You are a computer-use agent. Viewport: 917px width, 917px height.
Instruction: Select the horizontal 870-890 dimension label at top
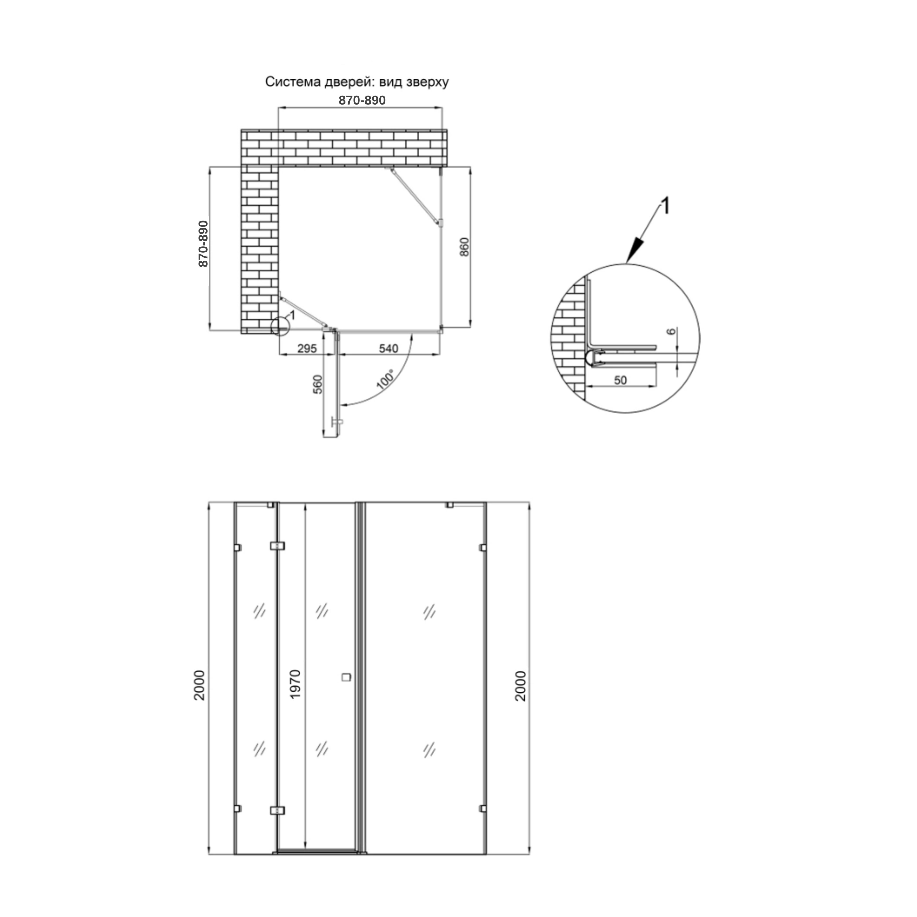(x=362, y=101)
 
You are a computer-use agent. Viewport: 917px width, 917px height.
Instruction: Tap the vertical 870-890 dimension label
(x=203, y=243)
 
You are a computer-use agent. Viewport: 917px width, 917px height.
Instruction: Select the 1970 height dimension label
(x=295, y=684)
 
